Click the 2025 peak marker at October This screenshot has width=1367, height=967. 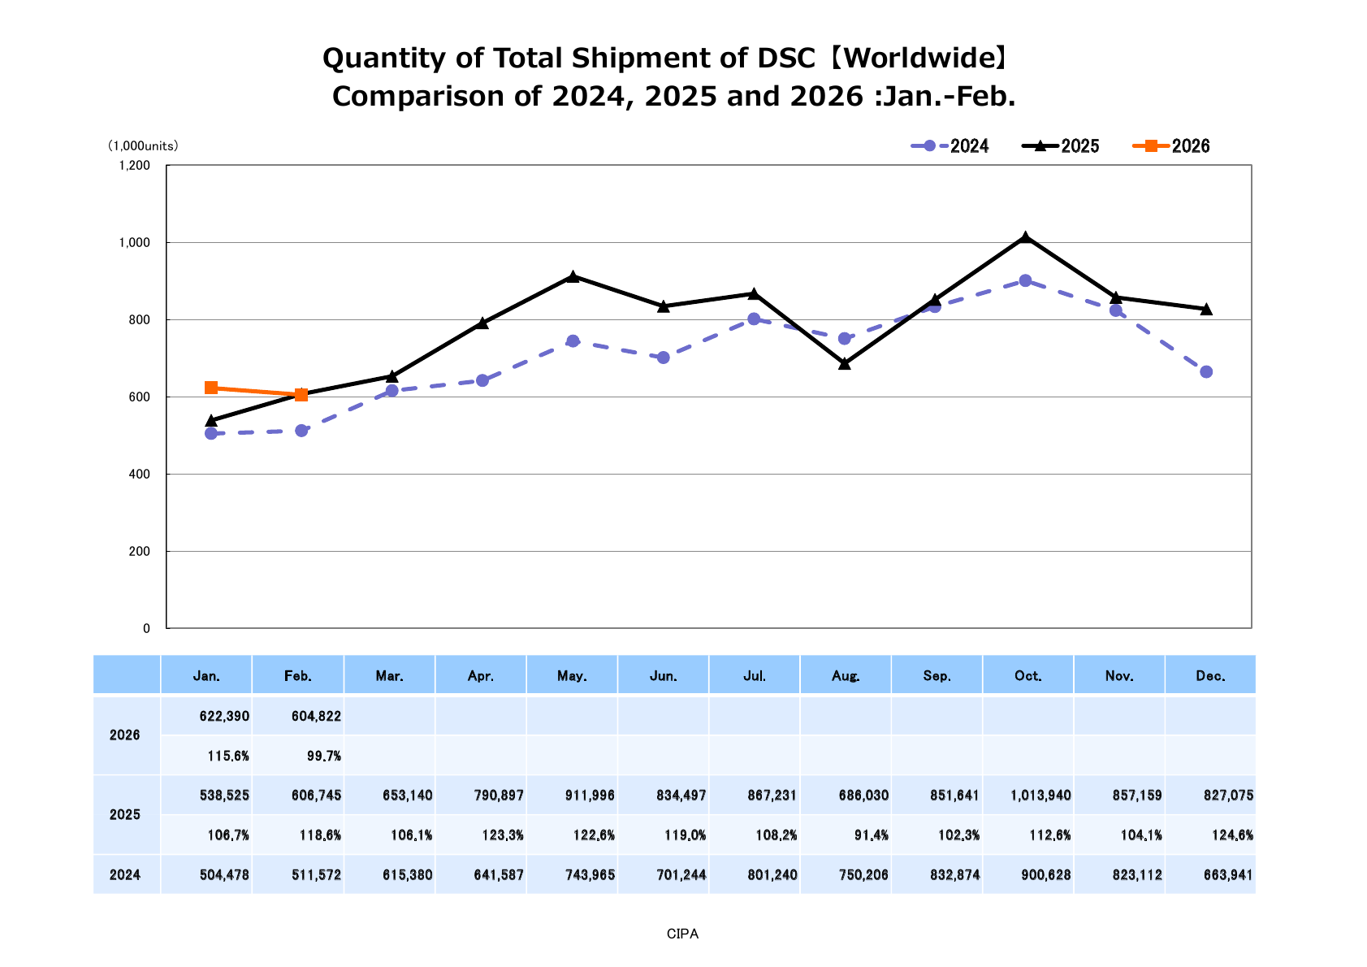pyautogui.click(x=1025, y=237)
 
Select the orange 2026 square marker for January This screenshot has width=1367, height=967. pyautogui.click(x=211, y=388)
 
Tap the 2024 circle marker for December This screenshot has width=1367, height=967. pyautogui.click(x=1206, y=372)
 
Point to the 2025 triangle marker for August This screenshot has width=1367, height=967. pyautogui.click(x=845, y=363)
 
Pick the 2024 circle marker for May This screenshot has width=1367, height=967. pyautogui.click(x=573, y=341)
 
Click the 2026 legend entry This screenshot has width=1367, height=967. pyautogui.click(x=1171, y=146)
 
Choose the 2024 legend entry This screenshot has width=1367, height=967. pyautogui.click(x=950, y=146)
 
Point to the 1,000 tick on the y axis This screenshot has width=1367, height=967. pyautogui.click(x=135, y=243)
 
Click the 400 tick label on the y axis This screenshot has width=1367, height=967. pyautogui.click(x=140, y=475)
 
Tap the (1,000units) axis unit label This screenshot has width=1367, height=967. pyautogui.click(x=143, y=146)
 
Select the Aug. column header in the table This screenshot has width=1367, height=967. pyautogui.click(x=846, y=676)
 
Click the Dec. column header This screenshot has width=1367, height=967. pyautogui.click(x=1210, y=676)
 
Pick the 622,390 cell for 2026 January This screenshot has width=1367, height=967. pyautogui.click(x=224, y=716)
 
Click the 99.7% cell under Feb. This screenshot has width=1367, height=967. pyautogui.click(x=324, y=756)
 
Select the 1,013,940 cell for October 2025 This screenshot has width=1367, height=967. pyautogui.click(x=1040, y=795)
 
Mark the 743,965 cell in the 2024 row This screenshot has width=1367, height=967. pyautogui.click(x=590, y=875)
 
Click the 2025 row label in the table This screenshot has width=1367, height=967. pyautogui.click(x=125, y=815)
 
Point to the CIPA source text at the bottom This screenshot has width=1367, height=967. pyautogui.click(x=682, y=934)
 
